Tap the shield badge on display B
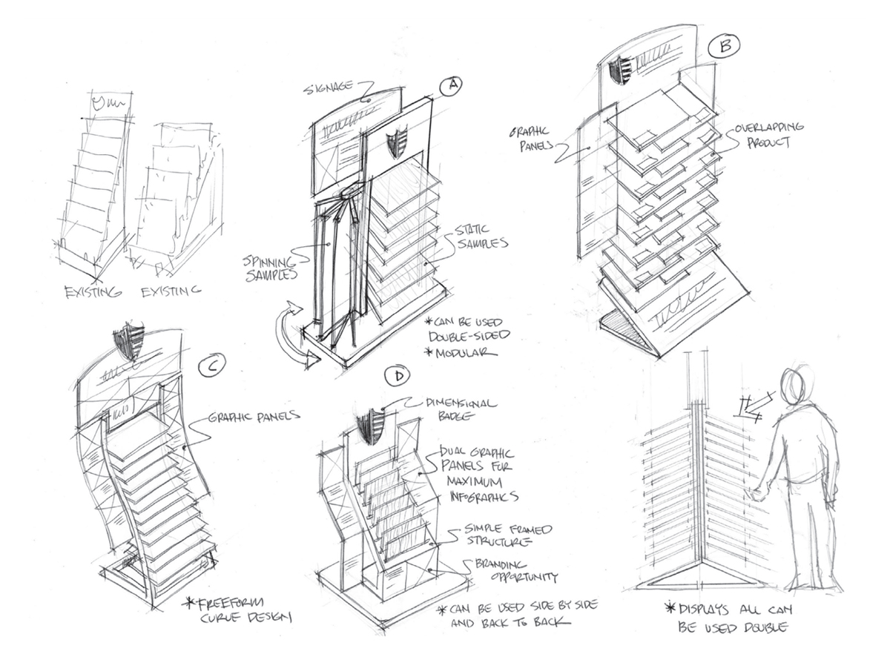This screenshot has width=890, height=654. point(620,72)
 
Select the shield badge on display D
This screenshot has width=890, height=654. point(369,428)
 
